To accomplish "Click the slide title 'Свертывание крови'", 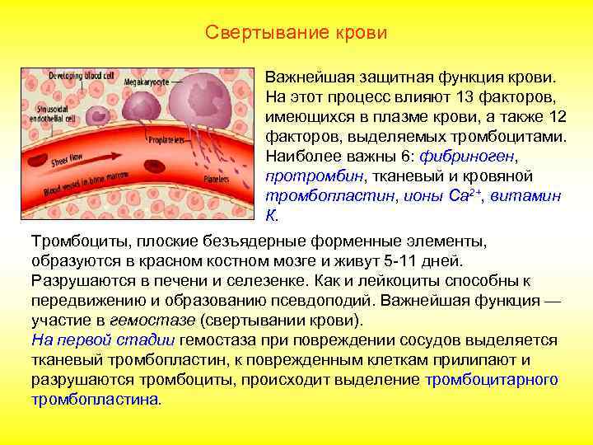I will [x=296, y=34].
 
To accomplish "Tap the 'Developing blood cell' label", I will [x=81, y=76].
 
